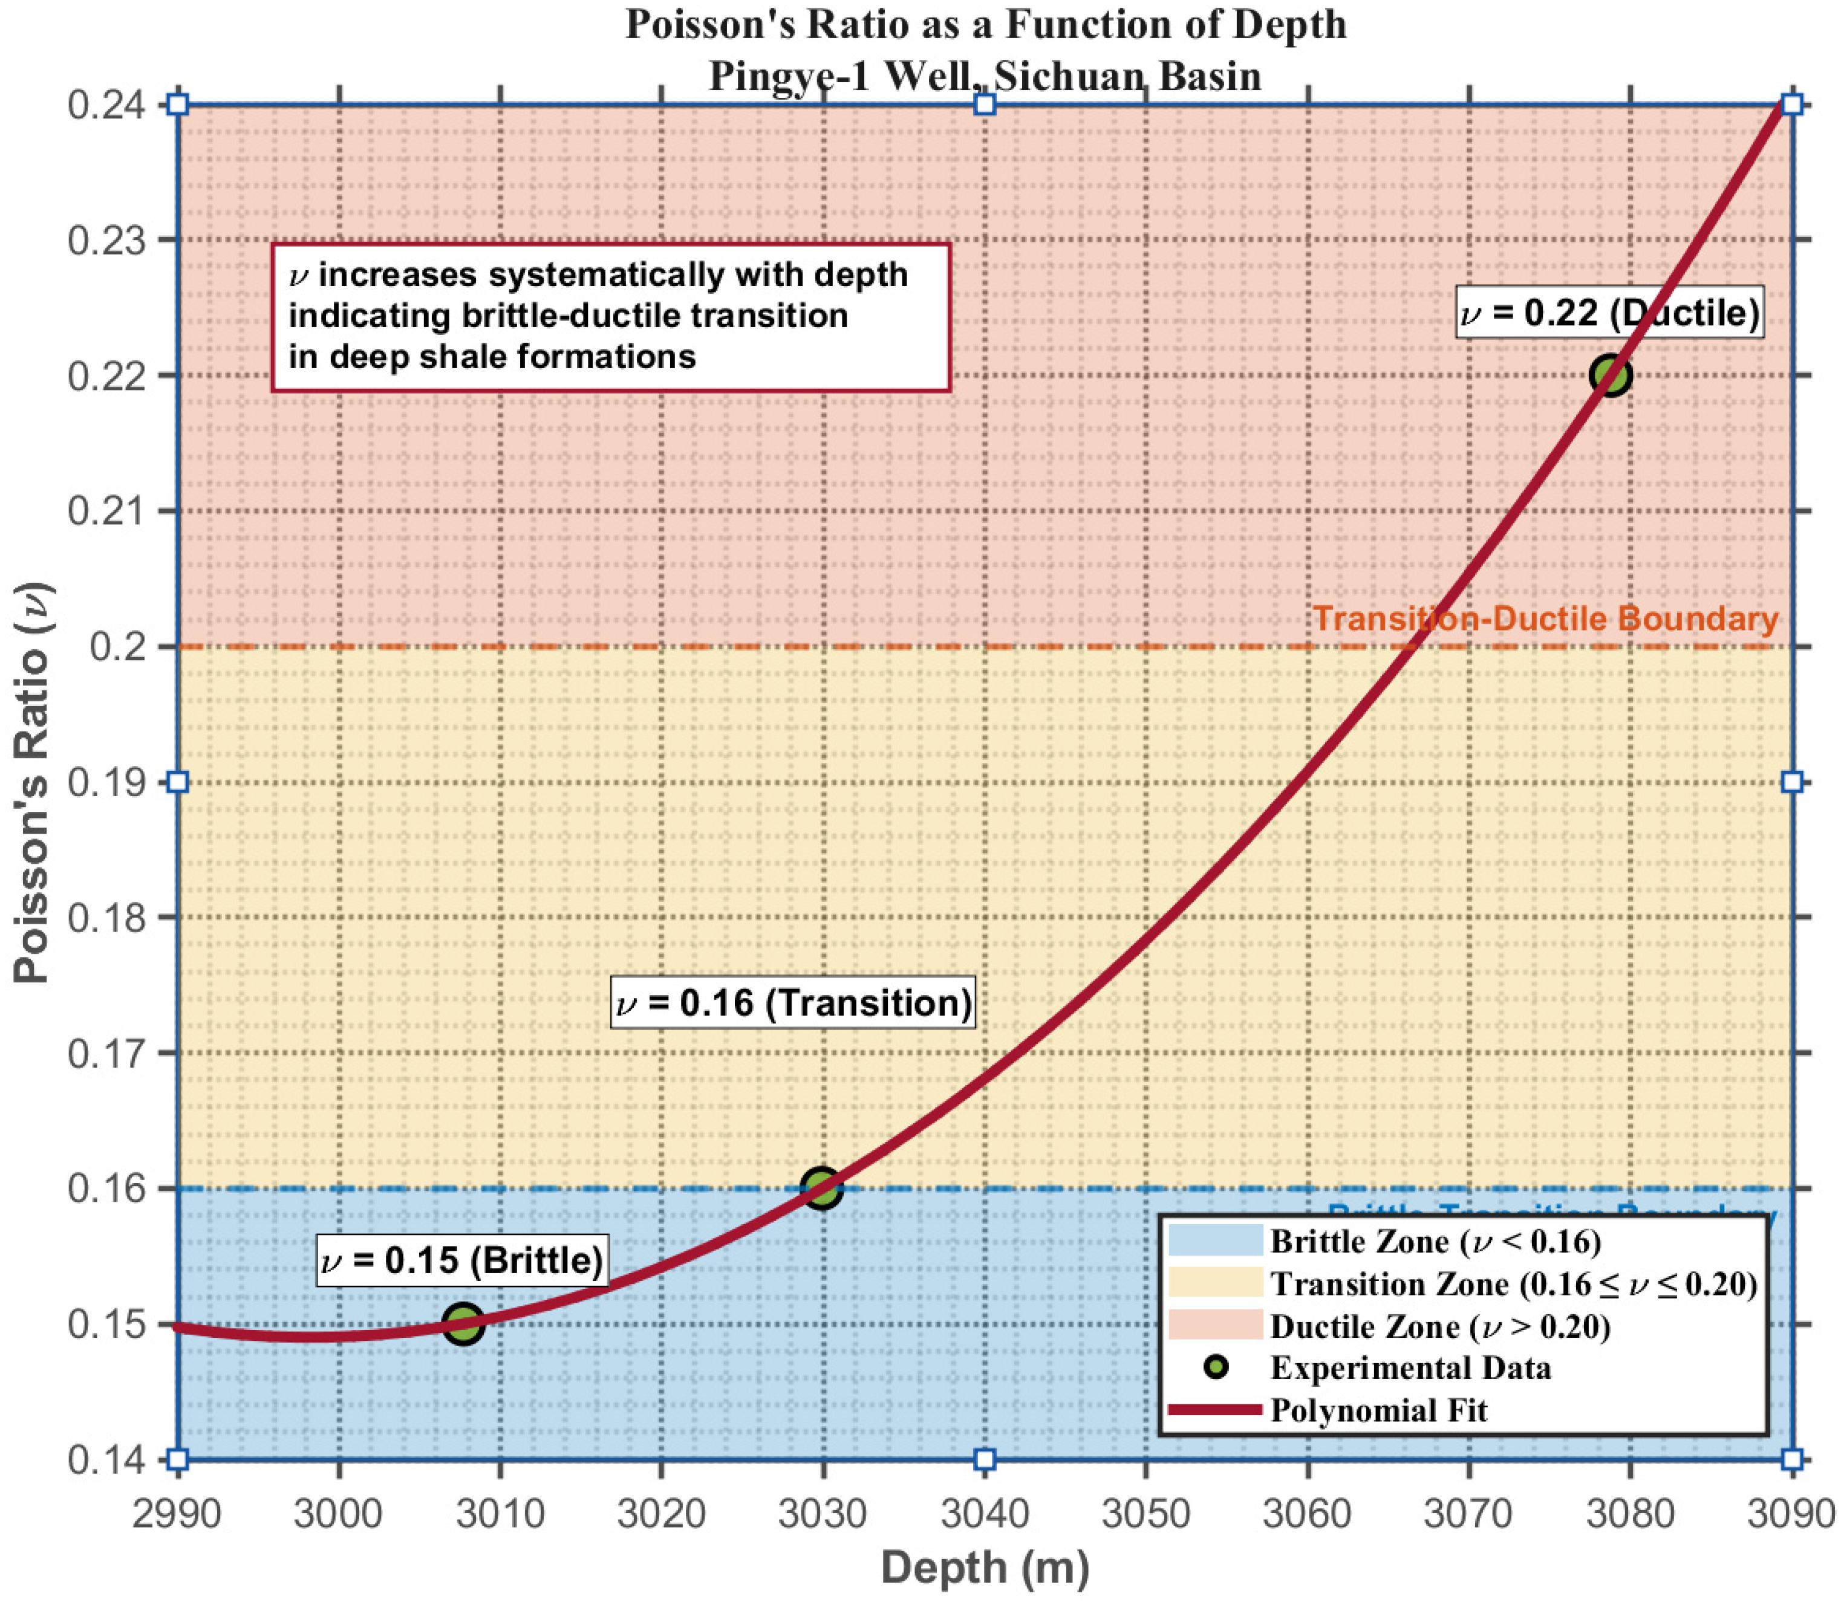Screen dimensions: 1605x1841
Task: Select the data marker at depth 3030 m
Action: coord(821,1188)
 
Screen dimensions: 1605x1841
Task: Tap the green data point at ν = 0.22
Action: coord(1610,375)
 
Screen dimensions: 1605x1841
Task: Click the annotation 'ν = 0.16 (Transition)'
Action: coord(793,1001)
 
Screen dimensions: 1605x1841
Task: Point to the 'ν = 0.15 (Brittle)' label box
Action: coord(462,1260)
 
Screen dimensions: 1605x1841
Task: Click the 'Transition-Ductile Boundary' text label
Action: coord(1545,618)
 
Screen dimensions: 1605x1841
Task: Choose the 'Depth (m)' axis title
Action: coord(985,1566)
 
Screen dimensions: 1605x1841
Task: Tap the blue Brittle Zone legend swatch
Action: coord(1215,1241)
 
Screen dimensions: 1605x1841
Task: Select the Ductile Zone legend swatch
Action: coord(1215,1326)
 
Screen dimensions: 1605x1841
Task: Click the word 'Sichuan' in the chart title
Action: coord(1069,76)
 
